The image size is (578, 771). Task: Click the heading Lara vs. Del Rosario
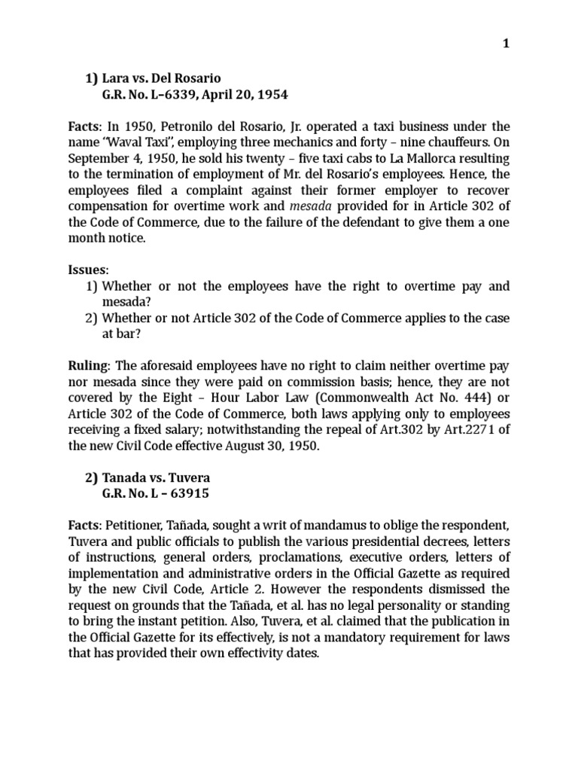point(162,78)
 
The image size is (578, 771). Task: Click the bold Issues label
point(88,269)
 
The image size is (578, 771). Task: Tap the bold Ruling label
point(89,365)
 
